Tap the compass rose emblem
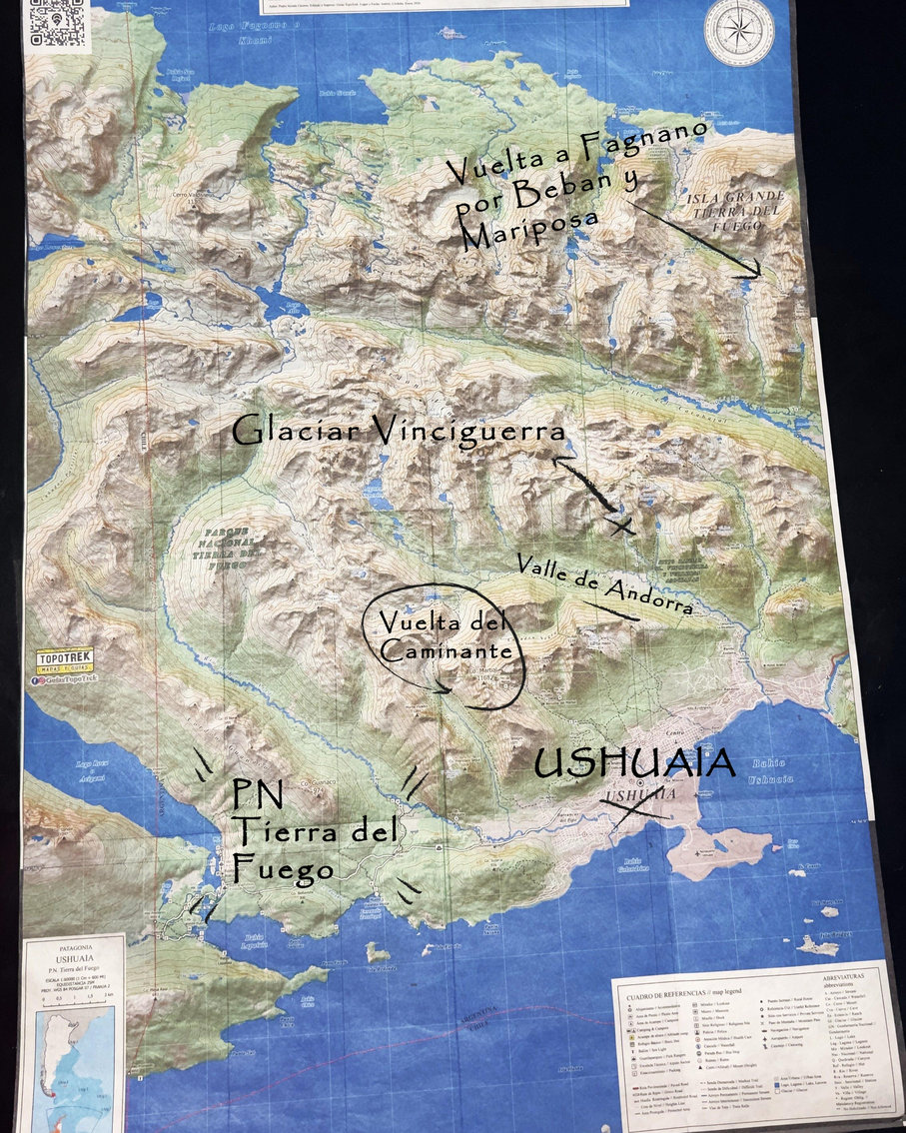[x=738, y=28]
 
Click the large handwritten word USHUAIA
[x=634, y=764]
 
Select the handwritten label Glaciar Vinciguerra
[x=399, y=432]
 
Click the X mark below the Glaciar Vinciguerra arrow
[x=621, y=525]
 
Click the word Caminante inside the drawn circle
[x=440, y=650]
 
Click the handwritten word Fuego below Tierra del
[x=283, y=868]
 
